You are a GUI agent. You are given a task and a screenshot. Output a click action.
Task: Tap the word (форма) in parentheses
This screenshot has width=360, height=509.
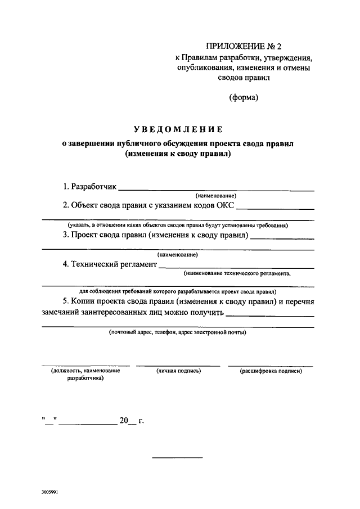click(x=243, y=97)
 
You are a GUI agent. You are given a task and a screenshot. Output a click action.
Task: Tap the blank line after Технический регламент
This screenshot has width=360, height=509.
click(x=236, y=267)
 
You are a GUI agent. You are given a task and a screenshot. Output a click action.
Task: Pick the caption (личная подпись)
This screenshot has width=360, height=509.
click(x=178, y=371)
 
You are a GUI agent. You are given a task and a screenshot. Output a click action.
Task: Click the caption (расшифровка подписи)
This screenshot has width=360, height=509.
click(x=271, y=371)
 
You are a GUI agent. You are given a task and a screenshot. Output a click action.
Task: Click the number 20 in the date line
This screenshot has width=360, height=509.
click(x=124, y=420)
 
